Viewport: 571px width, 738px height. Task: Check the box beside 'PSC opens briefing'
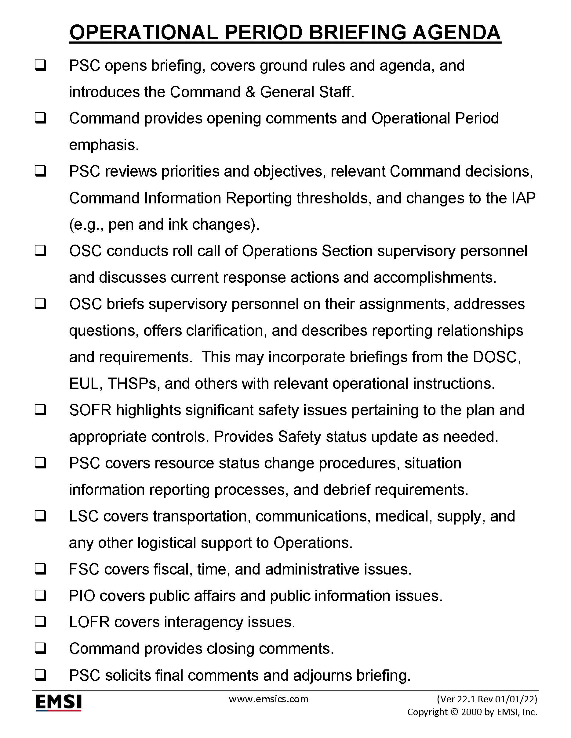(x=40, y=66)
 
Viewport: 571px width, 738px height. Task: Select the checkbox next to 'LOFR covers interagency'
(x=40, y=622)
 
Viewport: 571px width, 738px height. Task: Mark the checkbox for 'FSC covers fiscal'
(x=40, y=569)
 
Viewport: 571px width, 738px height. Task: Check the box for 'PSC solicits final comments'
(x=40, y=675)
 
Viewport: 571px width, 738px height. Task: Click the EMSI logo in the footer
(x=59, y=703)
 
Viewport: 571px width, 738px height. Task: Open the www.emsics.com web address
(x=269, y=699)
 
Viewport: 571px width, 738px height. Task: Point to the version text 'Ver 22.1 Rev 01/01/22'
(x=487, y=699)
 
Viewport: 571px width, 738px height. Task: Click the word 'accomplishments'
(x=435, y=278)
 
